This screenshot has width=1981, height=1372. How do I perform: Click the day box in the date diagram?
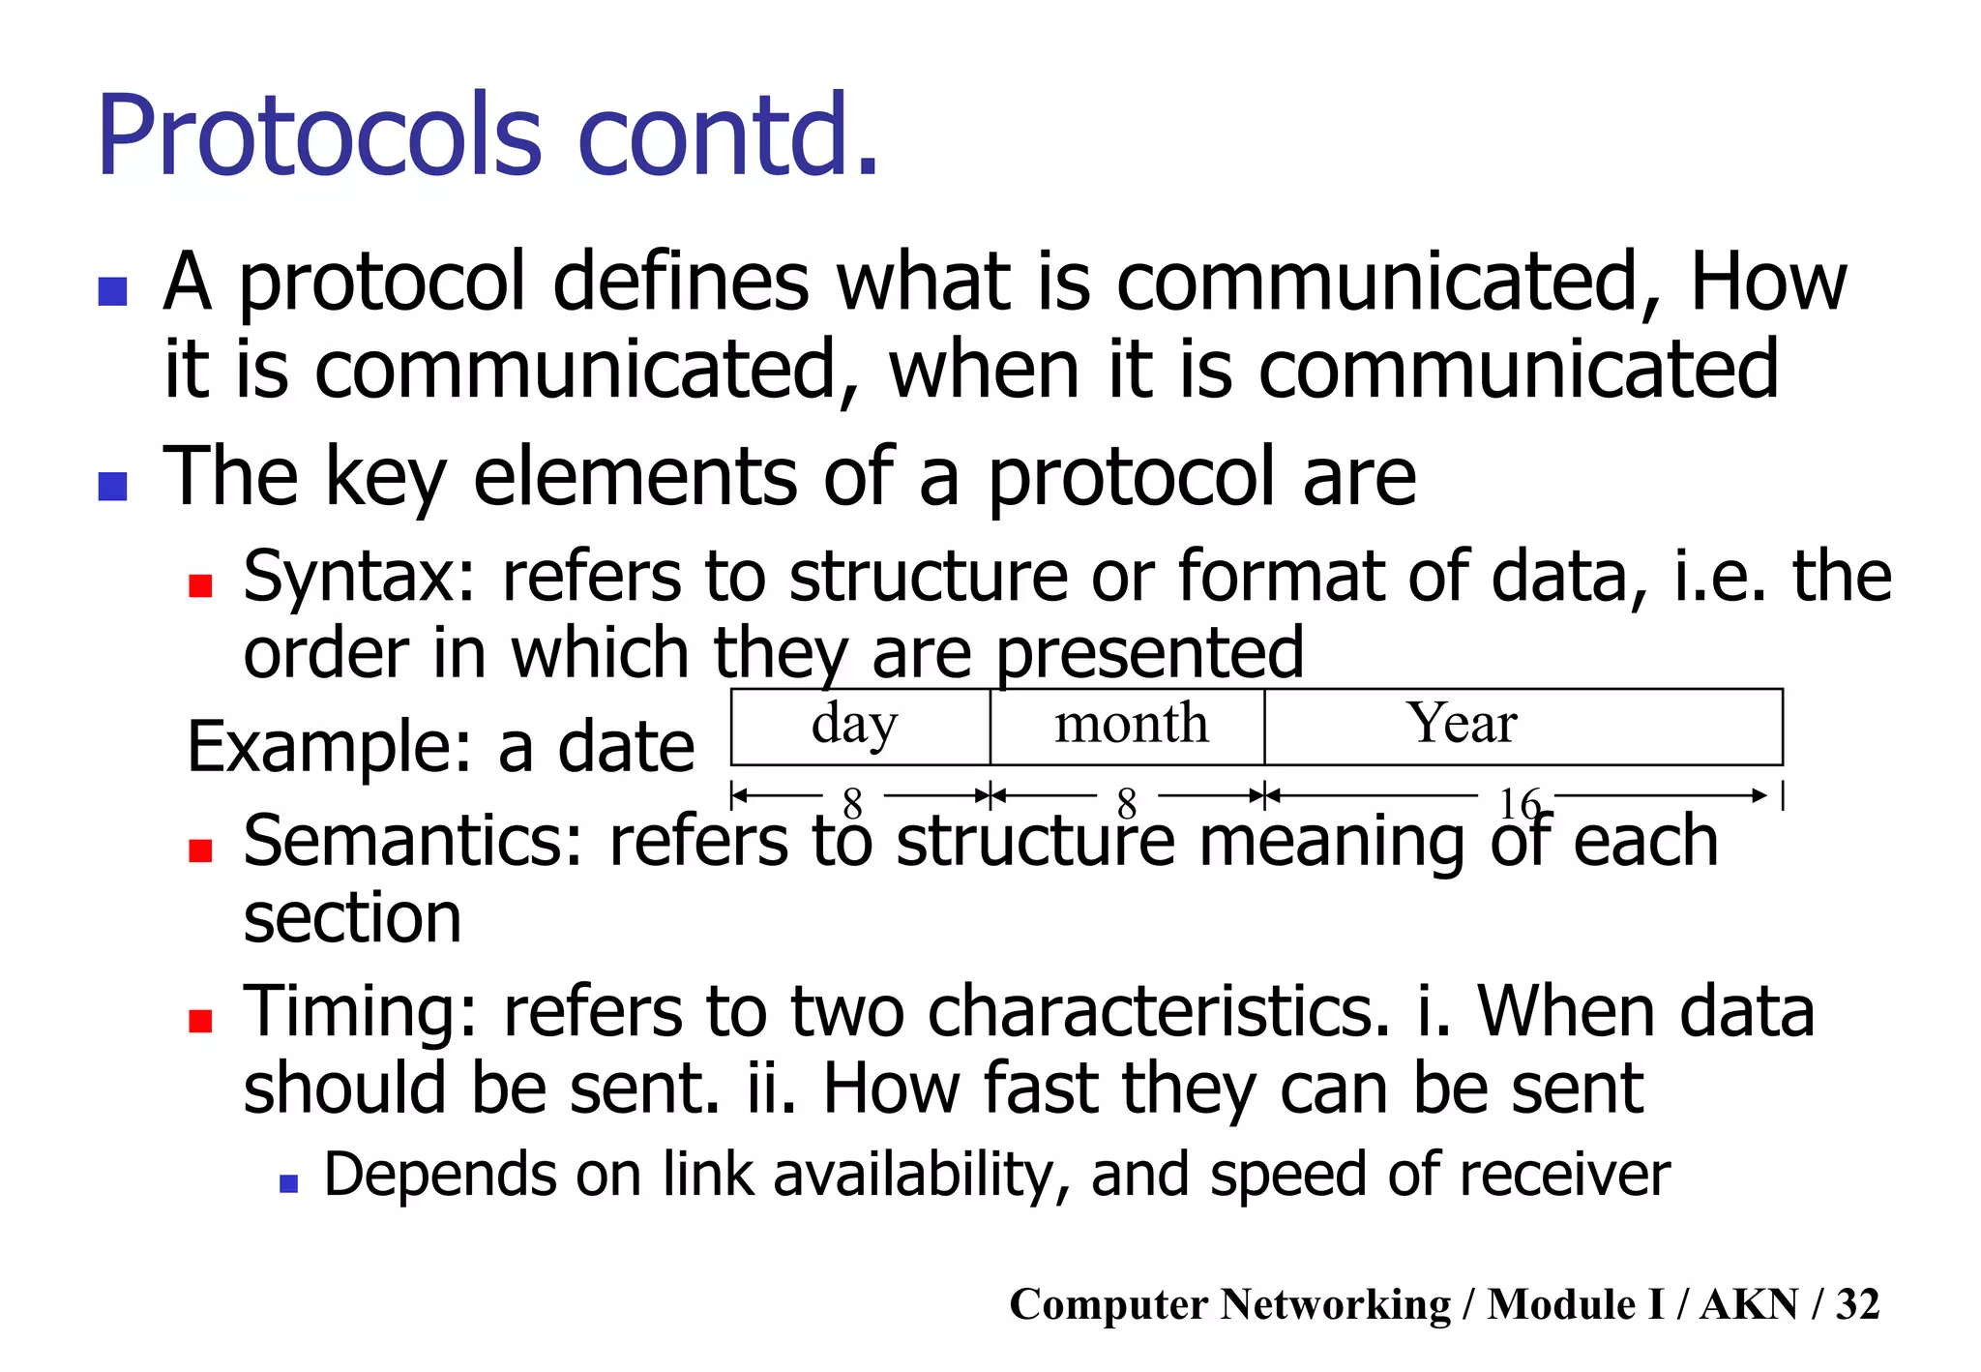859,726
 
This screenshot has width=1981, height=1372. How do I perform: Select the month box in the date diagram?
1129,726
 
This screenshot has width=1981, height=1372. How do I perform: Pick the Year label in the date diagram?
1461,723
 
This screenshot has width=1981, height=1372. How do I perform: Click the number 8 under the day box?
852,803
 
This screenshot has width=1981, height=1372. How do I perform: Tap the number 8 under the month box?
1126,803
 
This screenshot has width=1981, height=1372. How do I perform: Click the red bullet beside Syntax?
200,585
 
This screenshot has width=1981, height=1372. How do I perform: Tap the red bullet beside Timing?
200,1021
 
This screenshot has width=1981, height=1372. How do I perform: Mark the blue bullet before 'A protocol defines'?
113,291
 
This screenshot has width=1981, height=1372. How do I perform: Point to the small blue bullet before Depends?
287,1182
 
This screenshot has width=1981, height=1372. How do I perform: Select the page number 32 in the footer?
1857,1304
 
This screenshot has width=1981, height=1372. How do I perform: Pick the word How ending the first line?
1767,283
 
